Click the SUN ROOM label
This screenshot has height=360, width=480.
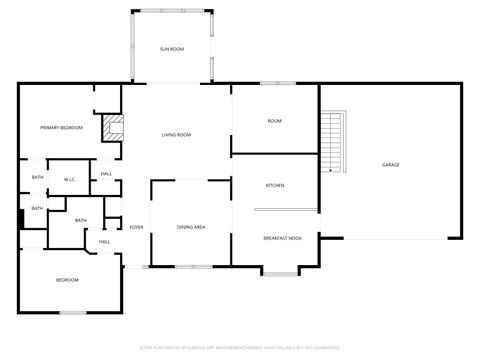pyautogui.click(x=172, y=48)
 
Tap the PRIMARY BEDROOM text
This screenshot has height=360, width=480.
pyautogui.click(x=61, y=128)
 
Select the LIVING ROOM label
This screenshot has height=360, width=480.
pyautogui.click(x=176, y=135)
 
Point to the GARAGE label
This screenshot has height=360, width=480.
pyautogui.click(x=390, y=164)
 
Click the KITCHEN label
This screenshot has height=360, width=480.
pyautogui.click(x=275, y=186)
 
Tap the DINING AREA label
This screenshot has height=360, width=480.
pyautogui.click(x=191, y=228)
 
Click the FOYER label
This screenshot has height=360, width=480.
pyautogui.click(x=136, y=227)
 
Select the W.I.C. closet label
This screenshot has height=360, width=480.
pyautogui.click(x=70, y=179)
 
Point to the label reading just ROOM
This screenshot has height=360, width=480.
pyautogui.click(x=274, y=121)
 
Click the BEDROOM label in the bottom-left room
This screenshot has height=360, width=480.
pyautogui.click(x=67, y=279)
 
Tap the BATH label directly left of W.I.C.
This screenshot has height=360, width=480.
pyautogui.click(x=37, y=177)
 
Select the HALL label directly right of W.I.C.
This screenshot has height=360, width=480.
pyautogui.click(x=106, y=174)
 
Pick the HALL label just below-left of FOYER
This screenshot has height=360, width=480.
pyautogui.click(x=104, y=241)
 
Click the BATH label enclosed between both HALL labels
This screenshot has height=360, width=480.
pyautogui.click(x=80, y=220)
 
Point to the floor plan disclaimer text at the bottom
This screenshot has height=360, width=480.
pyautogui.click(x=240, y=347)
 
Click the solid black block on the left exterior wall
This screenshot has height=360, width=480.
pyautogui.click(x=21, y=219)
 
